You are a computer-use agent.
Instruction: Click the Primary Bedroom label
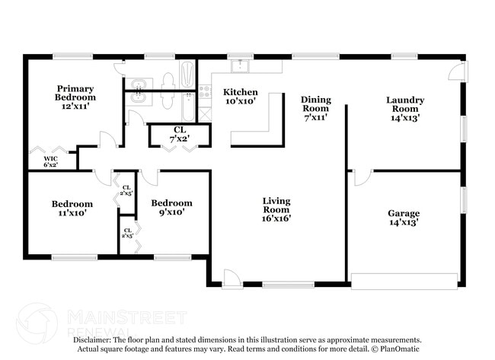(75, 97)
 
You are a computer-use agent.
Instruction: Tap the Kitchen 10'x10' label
(240, 97)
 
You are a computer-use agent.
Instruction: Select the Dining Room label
(315, 108)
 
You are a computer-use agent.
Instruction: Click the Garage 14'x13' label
(404, 218)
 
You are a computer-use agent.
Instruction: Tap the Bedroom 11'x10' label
(72, 209)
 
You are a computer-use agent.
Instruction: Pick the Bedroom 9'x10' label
(171, 208)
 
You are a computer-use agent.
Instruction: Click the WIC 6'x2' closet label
(50, 161)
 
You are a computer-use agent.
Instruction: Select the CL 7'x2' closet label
(180, 134)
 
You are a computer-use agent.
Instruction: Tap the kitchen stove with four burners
(204, 97)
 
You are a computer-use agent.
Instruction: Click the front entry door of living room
(232, 281)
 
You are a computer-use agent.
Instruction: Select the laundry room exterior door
(455, 71)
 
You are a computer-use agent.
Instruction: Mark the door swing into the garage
(362, 178)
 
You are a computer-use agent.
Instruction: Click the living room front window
(288, 285)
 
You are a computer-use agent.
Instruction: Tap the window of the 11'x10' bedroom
(72, 257)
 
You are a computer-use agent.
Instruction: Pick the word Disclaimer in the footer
(93, 339)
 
